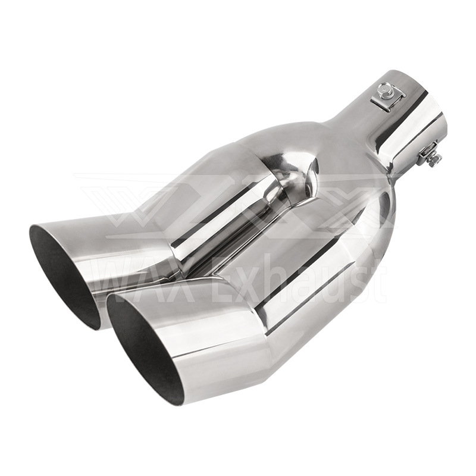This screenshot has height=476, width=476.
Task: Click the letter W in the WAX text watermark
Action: pyautogui.click(x=108, y=280)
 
